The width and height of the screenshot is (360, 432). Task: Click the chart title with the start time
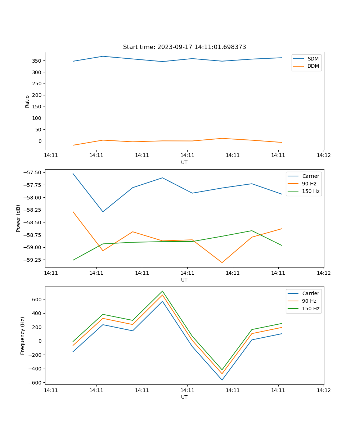184,47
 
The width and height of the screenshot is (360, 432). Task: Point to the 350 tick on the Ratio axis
37,61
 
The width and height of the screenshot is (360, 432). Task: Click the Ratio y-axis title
27,101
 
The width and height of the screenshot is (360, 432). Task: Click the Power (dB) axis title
18,218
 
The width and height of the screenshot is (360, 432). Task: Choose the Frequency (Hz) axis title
23,336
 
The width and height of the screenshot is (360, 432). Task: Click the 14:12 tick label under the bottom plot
324,390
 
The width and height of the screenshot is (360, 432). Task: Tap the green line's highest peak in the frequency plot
162,291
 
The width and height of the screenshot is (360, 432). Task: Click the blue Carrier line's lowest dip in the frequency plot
222,380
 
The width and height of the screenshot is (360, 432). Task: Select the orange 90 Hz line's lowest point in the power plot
222,262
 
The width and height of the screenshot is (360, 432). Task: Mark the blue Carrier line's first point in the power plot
73,174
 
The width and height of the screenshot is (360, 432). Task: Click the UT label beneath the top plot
184,162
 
